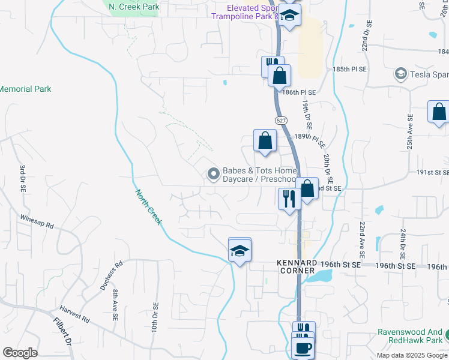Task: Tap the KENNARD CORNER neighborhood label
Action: [x=296, y=267]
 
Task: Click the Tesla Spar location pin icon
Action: [x=400, y=74]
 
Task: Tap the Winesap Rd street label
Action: [x=37, y=221]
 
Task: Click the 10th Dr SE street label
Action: [x=154, y=318]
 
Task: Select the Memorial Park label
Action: [x=25, y=89]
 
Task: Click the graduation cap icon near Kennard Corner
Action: [x=240, y=251]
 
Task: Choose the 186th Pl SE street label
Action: [x=300, y=93]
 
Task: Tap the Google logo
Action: [x=20, y=353]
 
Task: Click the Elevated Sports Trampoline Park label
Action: [x=244, y=12]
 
